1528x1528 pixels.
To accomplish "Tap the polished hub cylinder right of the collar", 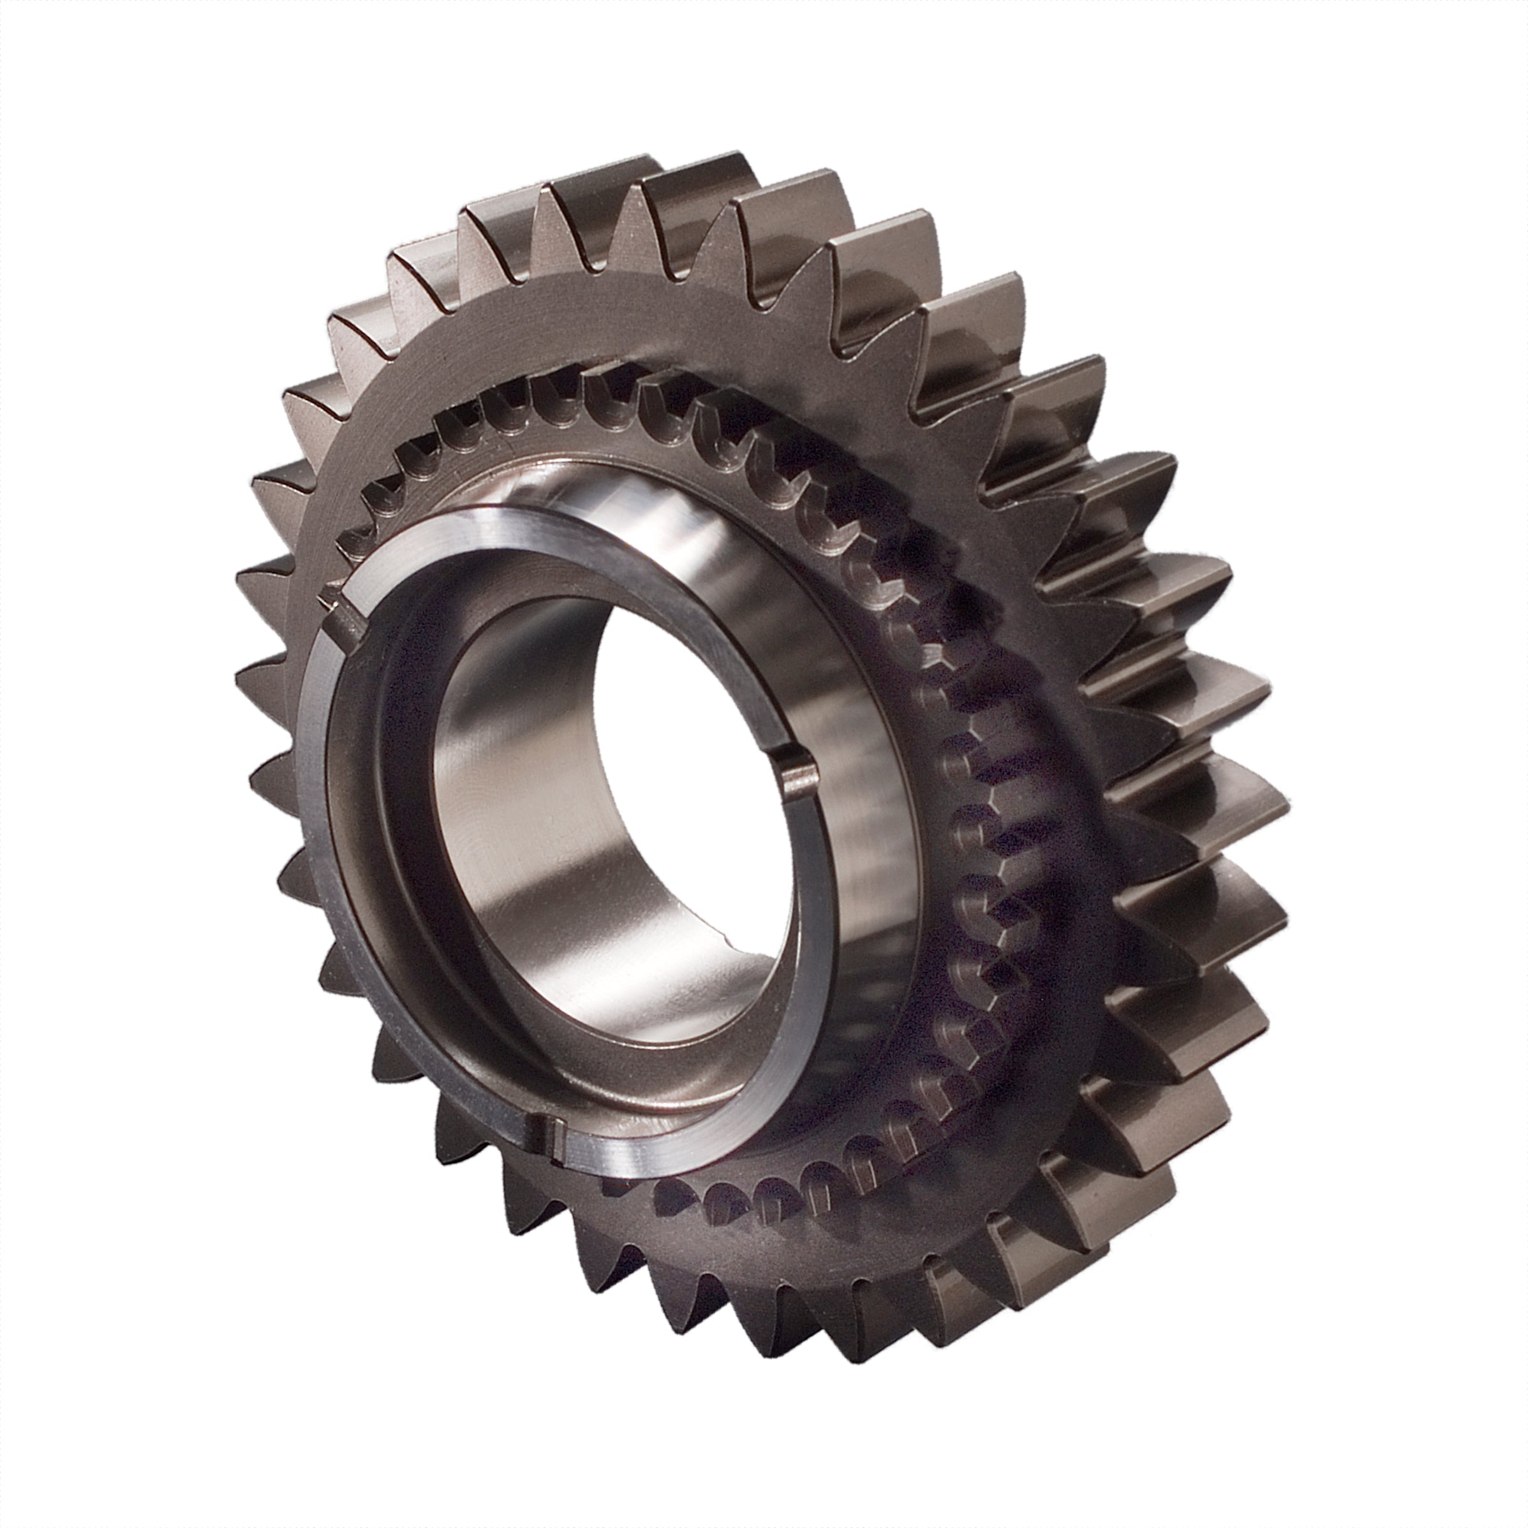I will coord(854,791).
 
